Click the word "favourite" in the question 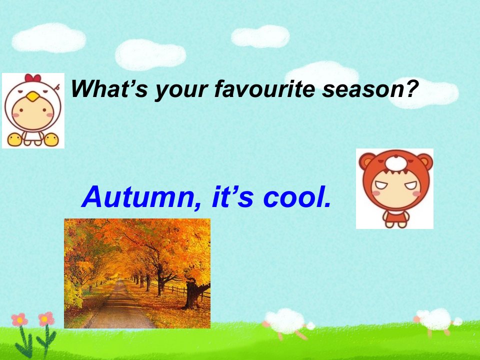pos(265,89)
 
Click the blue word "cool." pos(297,197)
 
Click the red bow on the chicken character pos(33,78)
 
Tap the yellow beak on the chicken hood pos(33,97)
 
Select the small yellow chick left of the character pos(14,139)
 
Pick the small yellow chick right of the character pos(51,139)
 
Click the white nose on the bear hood pos(396,163)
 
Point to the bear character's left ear pos(366,161)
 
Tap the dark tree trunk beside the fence pos(193,294)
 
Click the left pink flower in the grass pos(19,319)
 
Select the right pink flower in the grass pos(46,319)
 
